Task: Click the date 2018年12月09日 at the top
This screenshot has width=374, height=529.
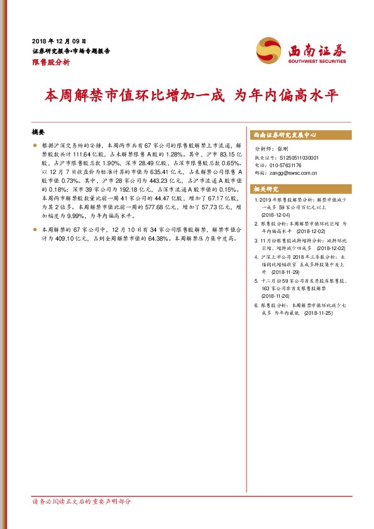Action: coord(58,40)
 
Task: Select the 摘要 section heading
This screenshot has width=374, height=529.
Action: coord(38,133)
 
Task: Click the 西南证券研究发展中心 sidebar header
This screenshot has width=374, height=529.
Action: coord(284,135)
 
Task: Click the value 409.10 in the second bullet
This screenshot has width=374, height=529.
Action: coord(58,239)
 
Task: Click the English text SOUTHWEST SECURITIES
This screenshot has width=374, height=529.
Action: coord(317,62)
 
